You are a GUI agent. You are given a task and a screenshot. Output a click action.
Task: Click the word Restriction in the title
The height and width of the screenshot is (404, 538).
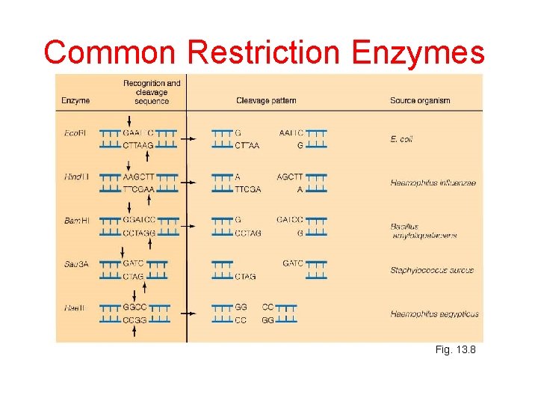tap(265, 53)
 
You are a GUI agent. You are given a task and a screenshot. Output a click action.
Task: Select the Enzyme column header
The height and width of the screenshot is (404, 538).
tap(76, 100)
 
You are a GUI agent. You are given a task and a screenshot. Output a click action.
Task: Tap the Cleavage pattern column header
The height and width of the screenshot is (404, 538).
tap(266, 100)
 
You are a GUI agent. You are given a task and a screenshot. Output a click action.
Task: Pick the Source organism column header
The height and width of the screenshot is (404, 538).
tap(420, 100)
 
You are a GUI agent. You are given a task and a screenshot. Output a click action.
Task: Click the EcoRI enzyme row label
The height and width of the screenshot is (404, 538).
tap(75, 133)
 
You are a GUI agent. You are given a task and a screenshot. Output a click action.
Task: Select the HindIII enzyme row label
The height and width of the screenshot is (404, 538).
tap(76, 177)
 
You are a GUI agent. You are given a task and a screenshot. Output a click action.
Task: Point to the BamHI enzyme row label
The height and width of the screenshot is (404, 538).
tap(76, 220)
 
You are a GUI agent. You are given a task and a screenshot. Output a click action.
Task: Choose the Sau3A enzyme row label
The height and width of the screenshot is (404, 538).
tap(75, 263)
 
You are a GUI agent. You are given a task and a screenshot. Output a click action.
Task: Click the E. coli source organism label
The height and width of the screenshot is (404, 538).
tap(401, 139)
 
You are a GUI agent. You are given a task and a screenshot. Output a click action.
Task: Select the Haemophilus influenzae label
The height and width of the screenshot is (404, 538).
tap(433, 183)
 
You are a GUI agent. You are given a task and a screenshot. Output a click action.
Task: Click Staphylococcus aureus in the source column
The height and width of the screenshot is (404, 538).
tap(432, 270)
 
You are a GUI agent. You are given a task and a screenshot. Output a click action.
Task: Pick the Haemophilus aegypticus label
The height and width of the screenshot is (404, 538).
tap(434, 313)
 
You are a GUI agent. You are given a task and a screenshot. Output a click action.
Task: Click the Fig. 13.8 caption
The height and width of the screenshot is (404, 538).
tap(455, 349)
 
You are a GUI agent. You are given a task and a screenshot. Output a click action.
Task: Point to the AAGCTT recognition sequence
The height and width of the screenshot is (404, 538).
tap(139, 177)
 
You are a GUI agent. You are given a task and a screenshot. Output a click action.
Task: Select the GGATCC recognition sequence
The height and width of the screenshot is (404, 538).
tap(139, 220)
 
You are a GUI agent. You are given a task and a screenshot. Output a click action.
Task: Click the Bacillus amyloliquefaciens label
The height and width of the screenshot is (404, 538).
tap(423, 230)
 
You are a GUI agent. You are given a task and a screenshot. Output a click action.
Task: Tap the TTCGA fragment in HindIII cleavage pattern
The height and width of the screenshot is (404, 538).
tap(247, 189)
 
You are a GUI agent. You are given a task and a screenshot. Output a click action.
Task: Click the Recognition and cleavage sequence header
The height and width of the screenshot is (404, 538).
tap(152, 91)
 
